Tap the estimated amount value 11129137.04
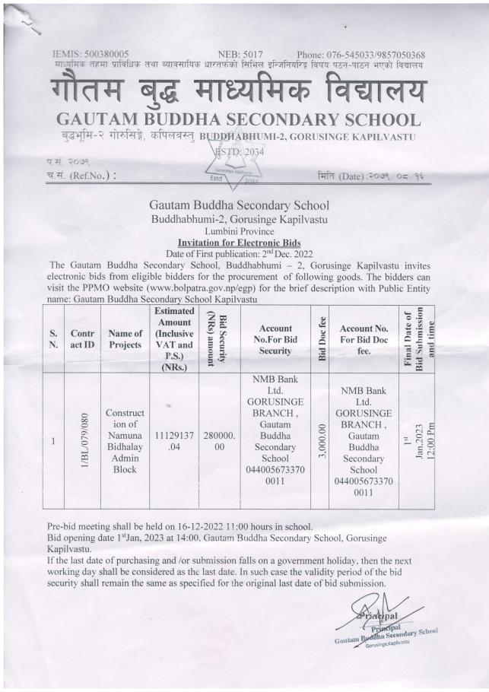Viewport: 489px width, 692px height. coord(174,440)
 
